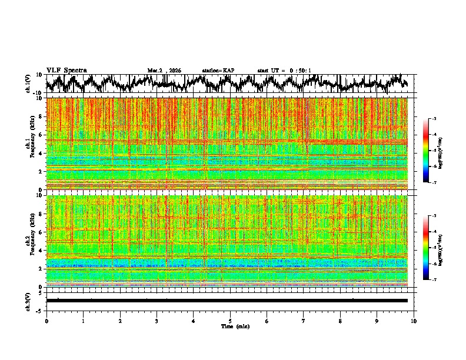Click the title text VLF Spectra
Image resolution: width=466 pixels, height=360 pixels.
tap(66, 70)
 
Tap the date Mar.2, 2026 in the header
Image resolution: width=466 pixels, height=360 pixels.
tap(164, 71)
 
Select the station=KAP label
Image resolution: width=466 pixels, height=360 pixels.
tap(218, 71)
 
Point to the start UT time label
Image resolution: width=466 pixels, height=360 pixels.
tap(284, 71)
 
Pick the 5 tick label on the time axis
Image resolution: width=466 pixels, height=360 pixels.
tap(230, 321)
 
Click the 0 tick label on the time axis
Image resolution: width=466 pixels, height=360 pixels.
tap(46, 321)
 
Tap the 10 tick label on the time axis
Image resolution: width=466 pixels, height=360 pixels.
tap(414, 321)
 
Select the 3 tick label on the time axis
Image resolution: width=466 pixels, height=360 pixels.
tap(157, 321)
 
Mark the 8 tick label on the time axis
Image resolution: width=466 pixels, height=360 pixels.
tap(340, 321)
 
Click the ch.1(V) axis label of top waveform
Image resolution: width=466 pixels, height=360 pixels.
tap(28, 84)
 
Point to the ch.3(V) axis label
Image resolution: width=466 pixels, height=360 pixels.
tap(28, 301)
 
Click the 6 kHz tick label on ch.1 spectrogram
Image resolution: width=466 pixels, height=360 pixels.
tap(41, 135)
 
